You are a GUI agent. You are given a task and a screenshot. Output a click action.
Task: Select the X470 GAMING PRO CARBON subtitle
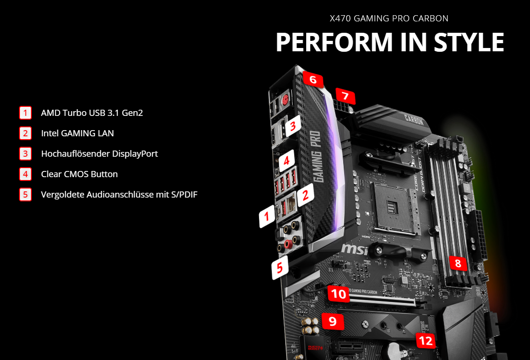[389, 18]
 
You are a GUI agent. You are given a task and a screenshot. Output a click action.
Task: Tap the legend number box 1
[25, 113]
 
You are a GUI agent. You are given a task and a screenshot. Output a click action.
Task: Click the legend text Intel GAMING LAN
[77, 133]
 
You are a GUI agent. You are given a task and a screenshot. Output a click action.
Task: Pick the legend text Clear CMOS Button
[79, 174]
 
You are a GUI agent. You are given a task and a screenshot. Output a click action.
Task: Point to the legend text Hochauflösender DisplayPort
[99, 153]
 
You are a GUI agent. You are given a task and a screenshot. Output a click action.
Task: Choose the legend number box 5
[25, 194]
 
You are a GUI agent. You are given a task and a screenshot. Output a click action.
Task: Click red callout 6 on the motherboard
[312, 79]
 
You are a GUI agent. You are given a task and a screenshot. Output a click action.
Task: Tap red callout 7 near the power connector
[345, 96]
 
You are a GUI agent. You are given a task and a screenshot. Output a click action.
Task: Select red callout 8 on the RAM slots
[458, 263]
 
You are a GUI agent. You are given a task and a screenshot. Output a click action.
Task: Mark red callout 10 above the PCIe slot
[338, 294]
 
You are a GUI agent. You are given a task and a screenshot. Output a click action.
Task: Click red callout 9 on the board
[332, 322]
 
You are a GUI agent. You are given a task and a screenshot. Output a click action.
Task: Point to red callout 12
[425, 340]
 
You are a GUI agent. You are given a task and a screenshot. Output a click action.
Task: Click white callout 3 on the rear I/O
[293, 126]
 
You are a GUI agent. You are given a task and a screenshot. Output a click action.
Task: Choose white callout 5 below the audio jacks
[279, 267]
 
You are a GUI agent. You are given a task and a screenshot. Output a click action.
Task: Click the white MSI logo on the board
[354, 249]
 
